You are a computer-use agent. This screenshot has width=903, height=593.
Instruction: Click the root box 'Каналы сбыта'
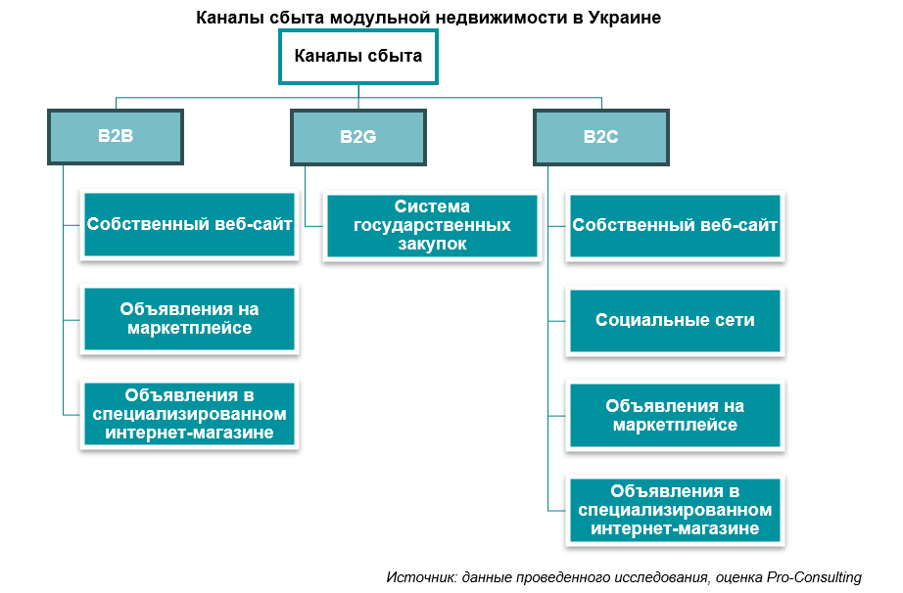(x=358, y=57)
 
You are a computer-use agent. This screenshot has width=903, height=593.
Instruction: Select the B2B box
(x=116, y=137)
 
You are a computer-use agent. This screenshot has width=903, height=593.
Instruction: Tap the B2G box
(x=358, y=137)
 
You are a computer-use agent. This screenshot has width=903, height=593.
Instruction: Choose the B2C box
(x=600, y=137)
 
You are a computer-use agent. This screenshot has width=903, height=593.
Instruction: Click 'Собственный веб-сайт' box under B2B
(x=190, y=225)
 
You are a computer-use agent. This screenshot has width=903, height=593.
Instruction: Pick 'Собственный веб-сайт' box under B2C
(x=676, y=225)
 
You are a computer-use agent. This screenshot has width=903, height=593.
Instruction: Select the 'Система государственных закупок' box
(x=432, y=226)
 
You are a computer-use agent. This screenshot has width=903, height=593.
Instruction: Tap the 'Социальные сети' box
(x=676, y=320)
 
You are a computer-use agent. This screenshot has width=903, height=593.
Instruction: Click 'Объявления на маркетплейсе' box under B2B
(x=190, y=319)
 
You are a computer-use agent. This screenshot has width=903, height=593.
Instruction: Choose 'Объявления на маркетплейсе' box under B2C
(x=676, y=415)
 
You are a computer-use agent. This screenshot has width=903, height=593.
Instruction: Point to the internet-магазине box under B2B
(x=190, y=414)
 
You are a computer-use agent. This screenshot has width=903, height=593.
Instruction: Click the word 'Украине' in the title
(x=627, y=19)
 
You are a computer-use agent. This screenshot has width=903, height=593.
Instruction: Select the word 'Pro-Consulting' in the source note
(x=815, y=577)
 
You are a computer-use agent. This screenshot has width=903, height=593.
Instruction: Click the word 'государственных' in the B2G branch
(x=432, y=226)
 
